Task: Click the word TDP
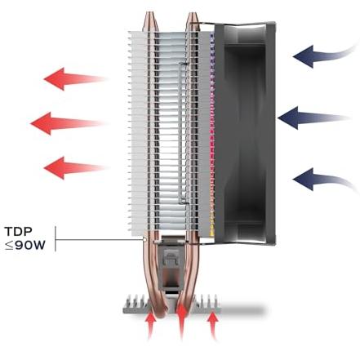tap(19, 232)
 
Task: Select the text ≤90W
tap(24, 246)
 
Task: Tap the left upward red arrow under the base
tap(150, 326)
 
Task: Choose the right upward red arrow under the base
tap(213, 326)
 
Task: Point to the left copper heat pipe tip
tap(151, 19)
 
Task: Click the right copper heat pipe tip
tap(192, 19)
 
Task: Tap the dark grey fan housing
tap(245, 132)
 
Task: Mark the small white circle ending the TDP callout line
tap(144, 240)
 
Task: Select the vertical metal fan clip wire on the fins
tap(180, 133)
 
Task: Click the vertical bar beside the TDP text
tap(56, 238)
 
